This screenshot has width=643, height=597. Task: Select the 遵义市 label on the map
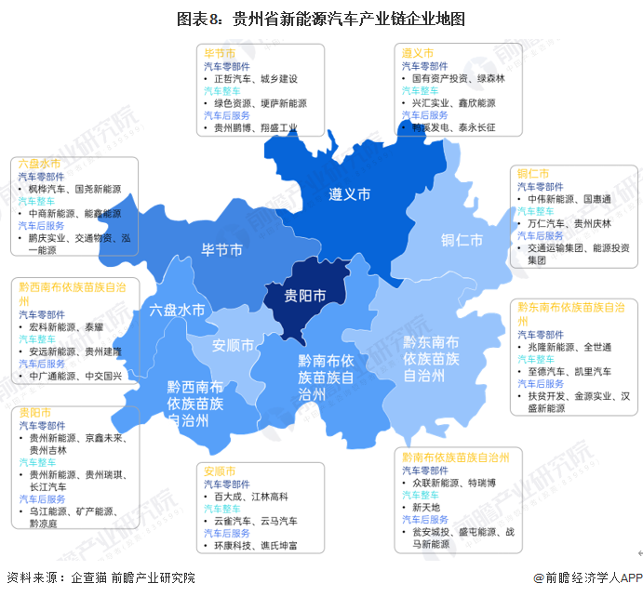(x=349, y=194)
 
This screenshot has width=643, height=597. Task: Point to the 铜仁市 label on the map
(x=462, y=240)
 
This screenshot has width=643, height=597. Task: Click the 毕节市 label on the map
(x=222, y=249)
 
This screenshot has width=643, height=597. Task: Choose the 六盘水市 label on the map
(x=177, y=310)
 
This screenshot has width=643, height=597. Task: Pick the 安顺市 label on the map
(x=233, y=346)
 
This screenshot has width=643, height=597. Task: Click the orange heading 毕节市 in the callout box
(x=220, y=54)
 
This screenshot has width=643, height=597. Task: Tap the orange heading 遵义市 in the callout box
(x=418, y=54)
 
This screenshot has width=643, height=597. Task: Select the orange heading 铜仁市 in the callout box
(x=532, y=174)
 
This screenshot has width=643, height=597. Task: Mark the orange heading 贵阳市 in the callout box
(x=33, y=411)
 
